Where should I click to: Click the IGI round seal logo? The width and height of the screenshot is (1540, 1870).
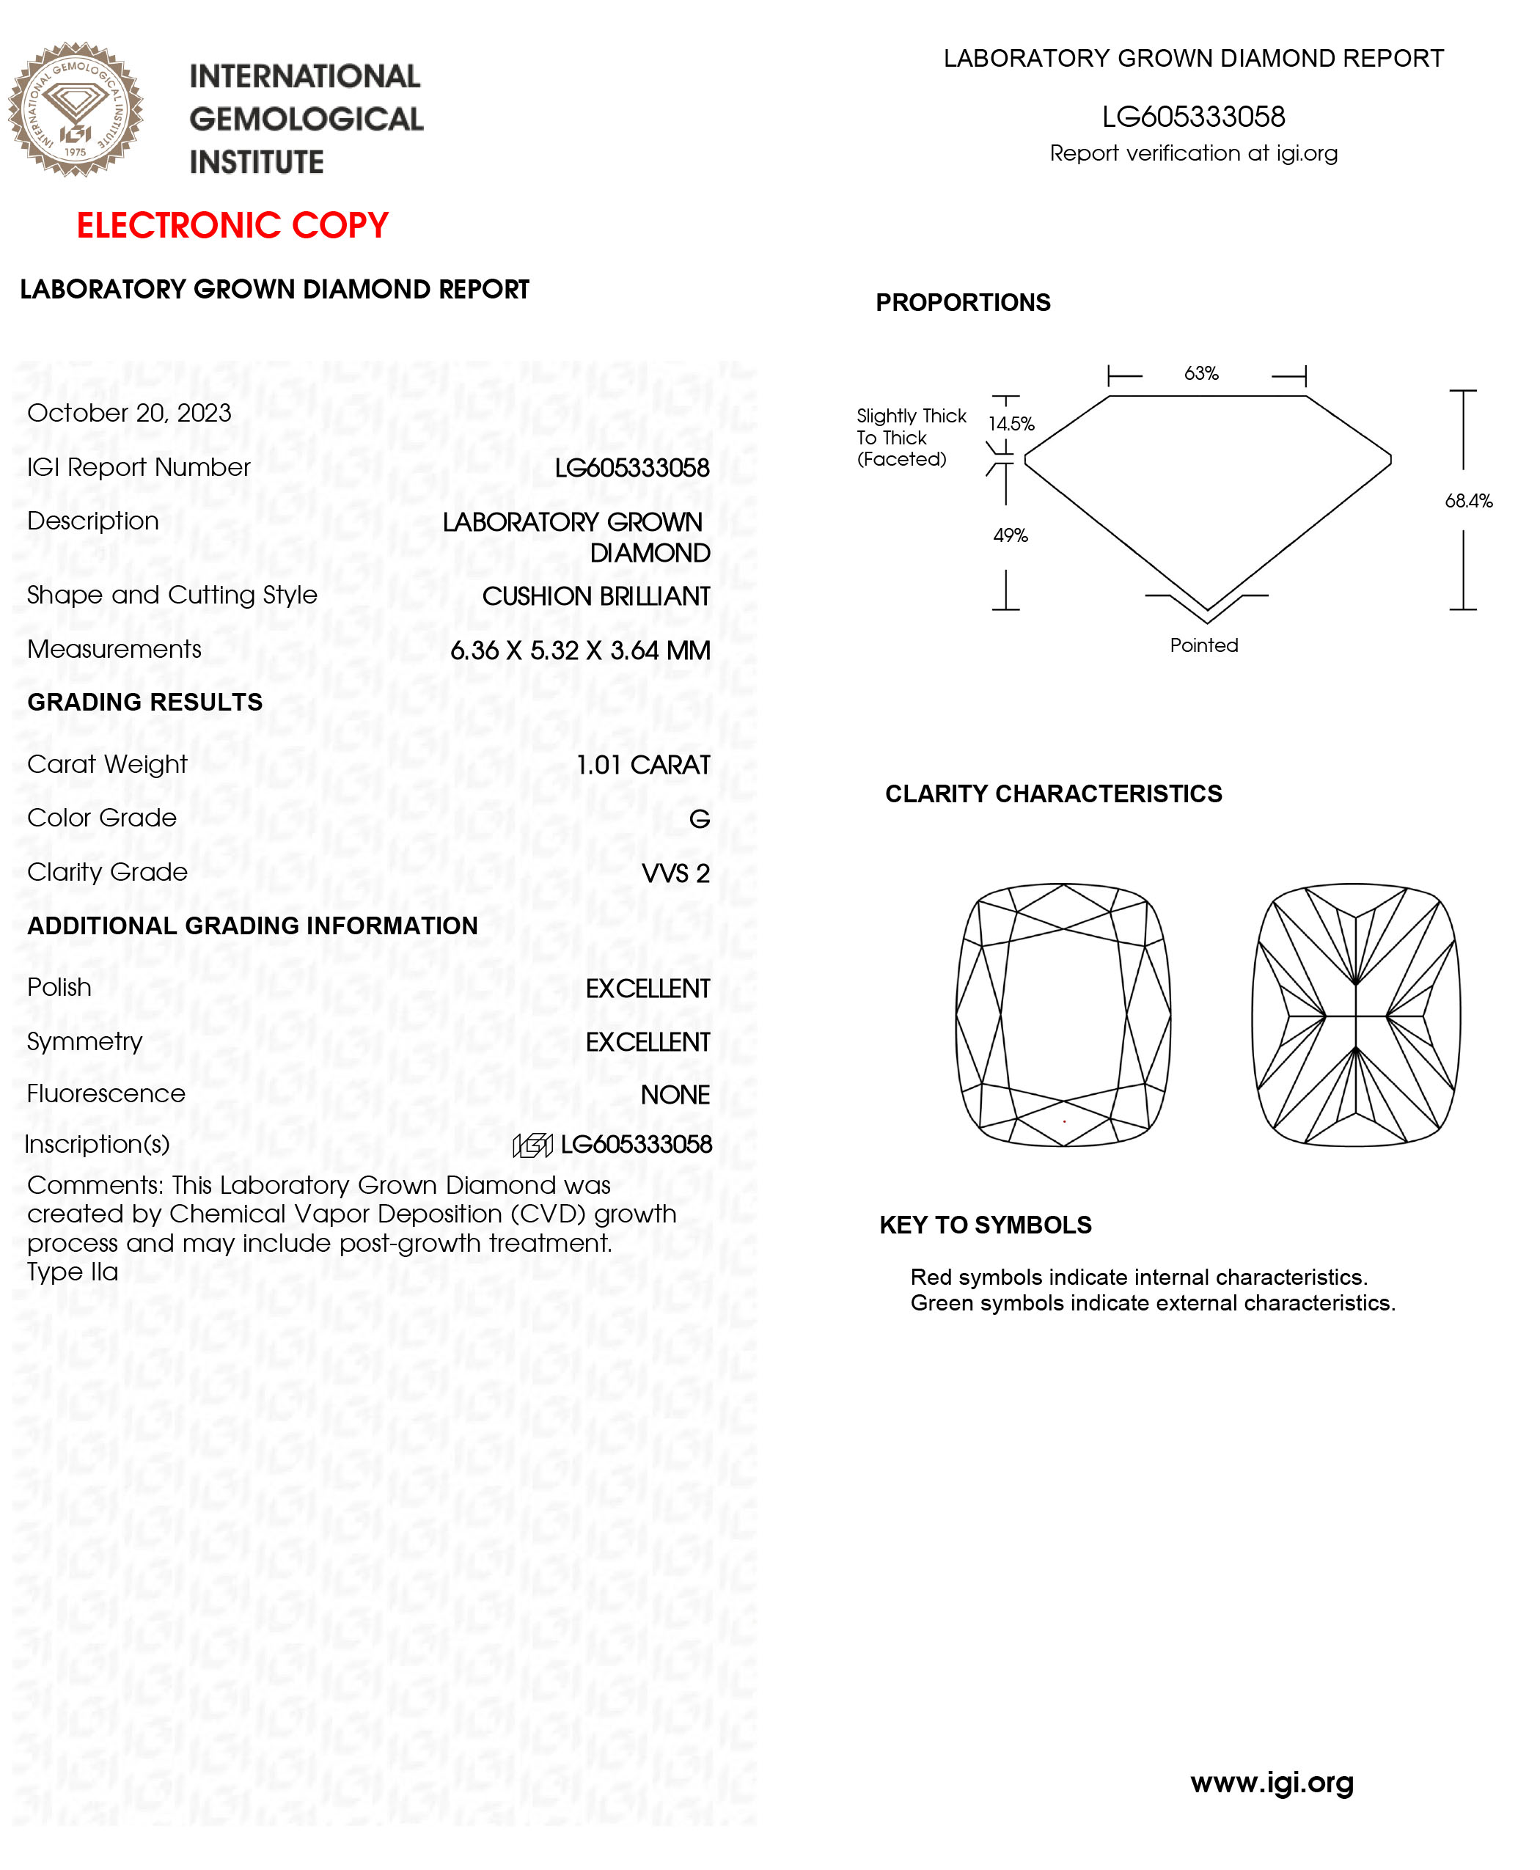coord(76,109)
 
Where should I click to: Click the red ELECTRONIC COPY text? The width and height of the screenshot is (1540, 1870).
coord(232,225)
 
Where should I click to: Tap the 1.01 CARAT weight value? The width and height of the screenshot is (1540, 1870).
coord(643,765)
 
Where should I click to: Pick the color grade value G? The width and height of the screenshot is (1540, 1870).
coord(699,819)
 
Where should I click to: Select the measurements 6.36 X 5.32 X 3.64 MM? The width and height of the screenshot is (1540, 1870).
coord(580,650)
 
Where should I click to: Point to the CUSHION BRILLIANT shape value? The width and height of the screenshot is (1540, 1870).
coord(596,596)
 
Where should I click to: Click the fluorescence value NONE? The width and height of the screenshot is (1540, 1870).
coord(675,1095)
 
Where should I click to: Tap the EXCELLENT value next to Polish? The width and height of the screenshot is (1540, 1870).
coord(648,989)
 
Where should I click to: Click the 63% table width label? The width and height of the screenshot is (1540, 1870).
coord(1201,373)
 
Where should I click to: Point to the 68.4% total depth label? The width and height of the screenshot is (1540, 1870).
coord(1468,501)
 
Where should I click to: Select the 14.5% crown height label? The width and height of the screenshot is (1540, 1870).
coord(1011,424)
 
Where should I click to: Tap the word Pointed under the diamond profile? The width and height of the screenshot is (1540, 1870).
coord(1204,646)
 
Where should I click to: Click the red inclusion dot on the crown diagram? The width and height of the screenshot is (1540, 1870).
coord(1065,1121)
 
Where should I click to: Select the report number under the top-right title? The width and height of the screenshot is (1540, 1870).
coord(1193,116)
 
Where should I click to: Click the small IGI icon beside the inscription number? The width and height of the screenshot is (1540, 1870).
coord(532,1145)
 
